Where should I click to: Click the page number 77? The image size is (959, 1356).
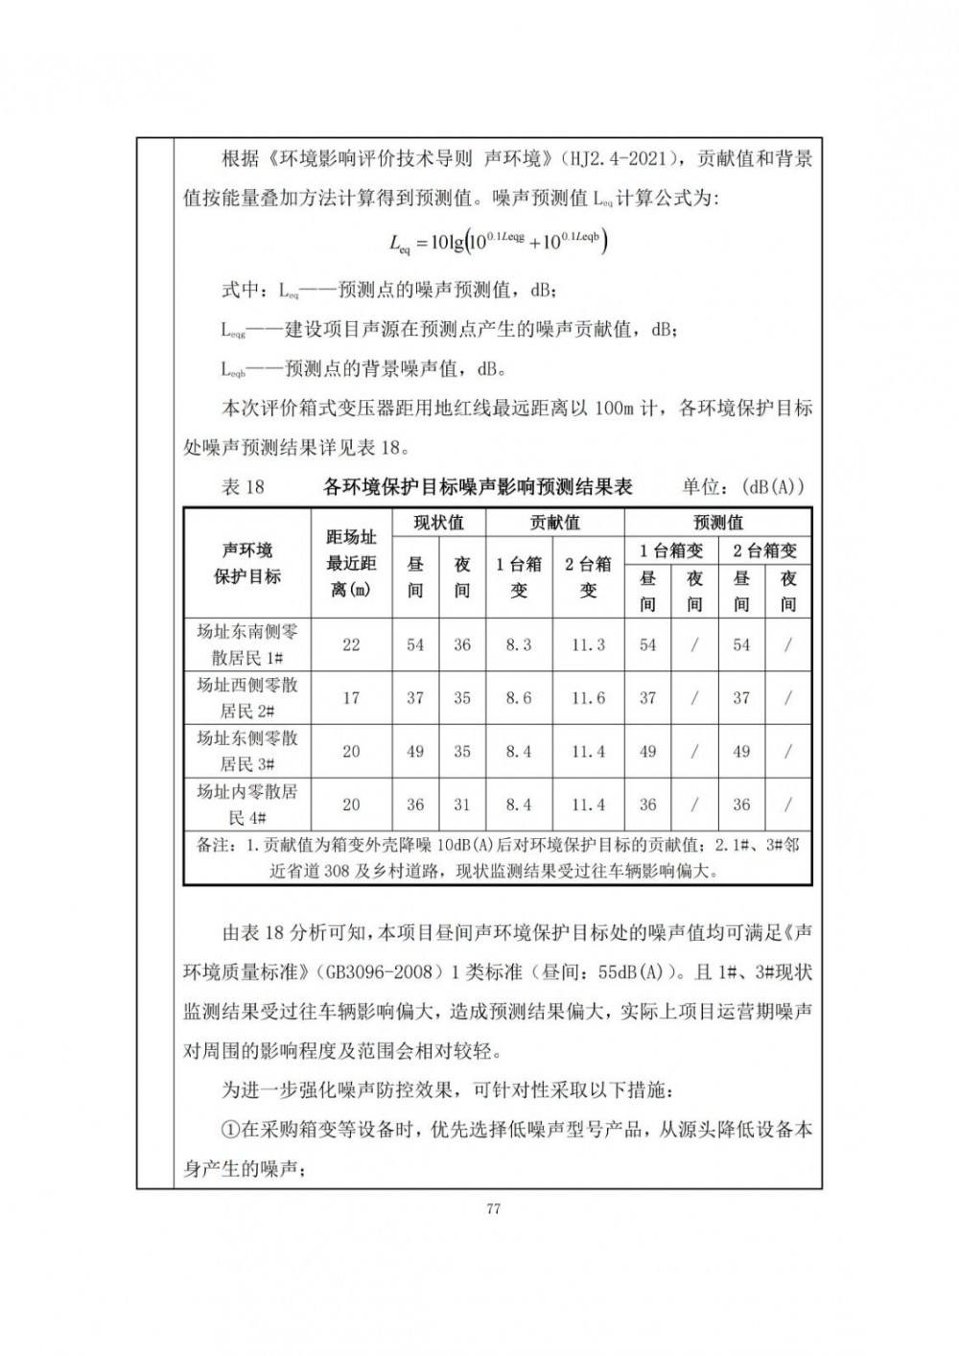(x=493, y=1208)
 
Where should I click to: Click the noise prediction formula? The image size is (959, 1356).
(x=498, y=242)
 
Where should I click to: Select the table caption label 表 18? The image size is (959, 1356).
(x=243, y=487)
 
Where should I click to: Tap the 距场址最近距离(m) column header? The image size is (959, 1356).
(x=351, y=564)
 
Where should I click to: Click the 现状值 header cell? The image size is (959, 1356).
(x=438, y=523)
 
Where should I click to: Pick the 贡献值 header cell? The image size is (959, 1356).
(x=554, y=523)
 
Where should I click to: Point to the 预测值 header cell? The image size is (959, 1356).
(x=717, y=523)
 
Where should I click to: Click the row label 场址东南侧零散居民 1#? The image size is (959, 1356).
(x=247, y=644)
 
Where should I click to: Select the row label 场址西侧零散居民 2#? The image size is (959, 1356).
(x=247, y=698)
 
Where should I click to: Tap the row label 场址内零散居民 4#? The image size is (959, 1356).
(x=247, y=805)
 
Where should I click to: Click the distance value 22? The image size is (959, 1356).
(x=351, y=645)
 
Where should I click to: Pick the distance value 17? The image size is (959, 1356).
(x=351, y=698)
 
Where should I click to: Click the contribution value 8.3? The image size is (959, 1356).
(x=518, y=645)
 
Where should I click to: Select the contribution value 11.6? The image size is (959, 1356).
(x=588, y=698)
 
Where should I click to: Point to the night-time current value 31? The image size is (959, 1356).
(x=462, y=805)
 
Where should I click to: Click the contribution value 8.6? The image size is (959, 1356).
(x=518, y=698)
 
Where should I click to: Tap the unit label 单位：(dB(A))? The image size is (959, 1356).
(x=743, y=487)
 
